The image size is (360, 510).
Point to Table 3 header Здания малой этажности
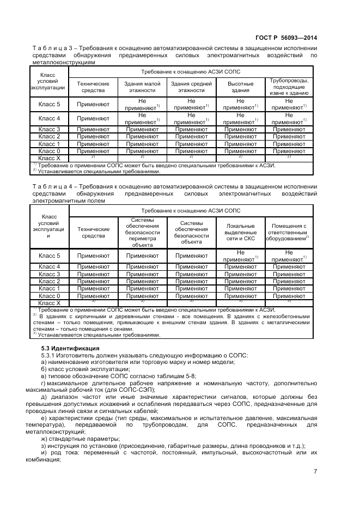pos(142,88)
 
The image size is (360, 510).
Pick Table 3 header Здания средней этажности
pos(191,88)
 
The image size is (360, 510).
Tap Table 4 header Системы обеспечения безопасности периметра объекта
pos(142,232)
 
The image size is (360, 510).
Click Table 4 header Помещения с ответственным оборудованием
pos(289,232)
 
